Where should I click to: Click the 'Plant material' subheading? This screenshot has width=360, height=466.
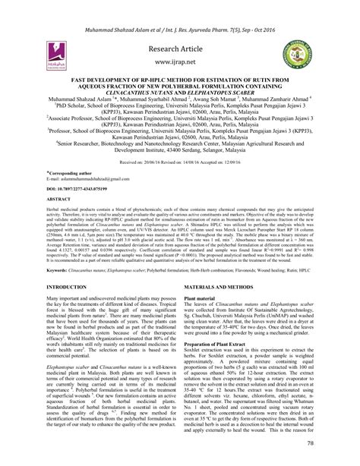[x=205, y=278]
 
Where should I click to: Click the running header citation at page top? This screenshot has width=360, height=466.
[x=180, y=11]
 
